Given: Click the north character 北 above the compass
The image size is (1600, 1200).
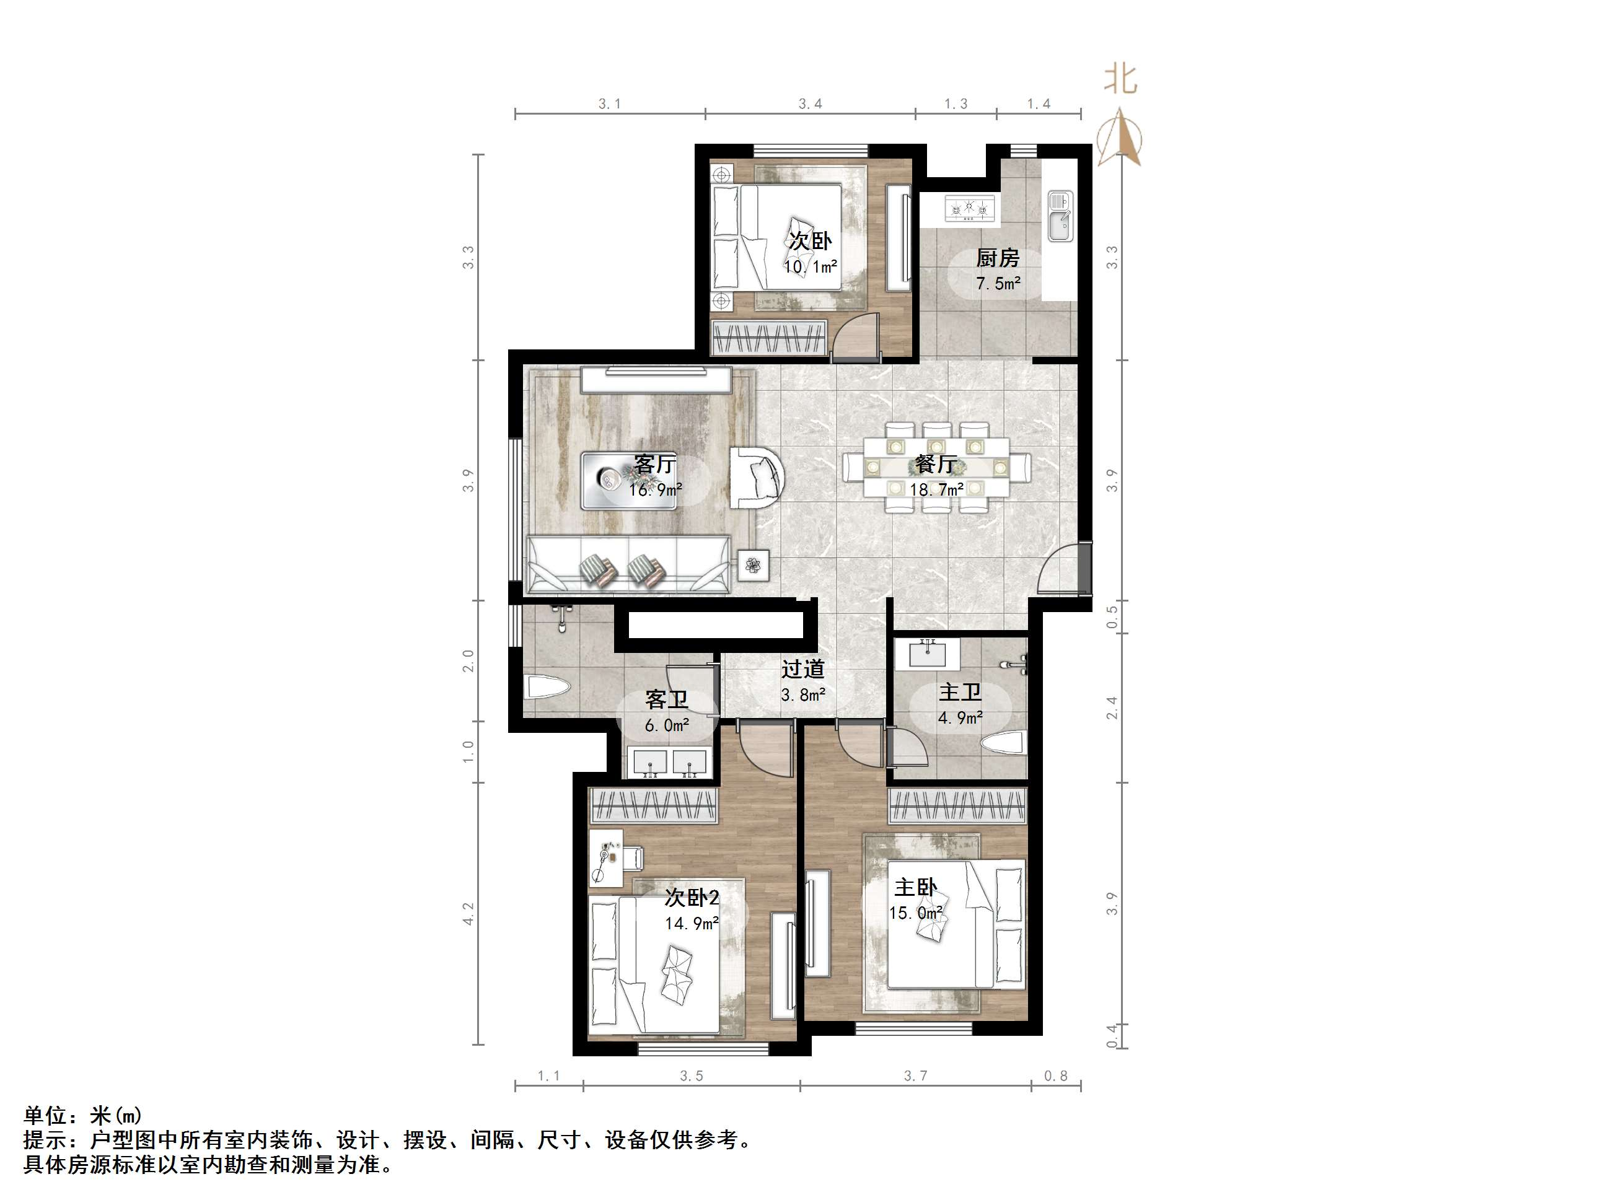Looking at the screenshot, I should point(1120,79).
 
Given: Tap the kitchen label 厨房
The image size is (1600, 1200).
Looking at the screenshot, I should point(998,258).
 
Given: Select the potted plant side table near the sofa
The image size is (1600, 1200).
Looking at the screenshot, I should point(754,565).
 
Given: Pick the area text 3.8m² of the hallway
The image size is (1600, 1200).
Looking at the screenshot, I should point(803,695).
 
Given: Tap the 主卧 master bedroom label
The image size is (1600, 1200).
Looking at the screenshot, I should point(915,887).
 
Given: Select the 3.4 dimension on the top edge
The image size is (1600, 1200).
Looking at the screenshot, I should point(810,104).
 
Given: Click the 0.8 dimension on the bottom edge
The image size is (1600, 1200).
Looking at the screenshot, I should point(1055,1076).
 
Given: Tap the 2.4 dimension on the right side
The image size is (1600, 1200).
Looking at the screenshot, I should point(1112,707).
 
